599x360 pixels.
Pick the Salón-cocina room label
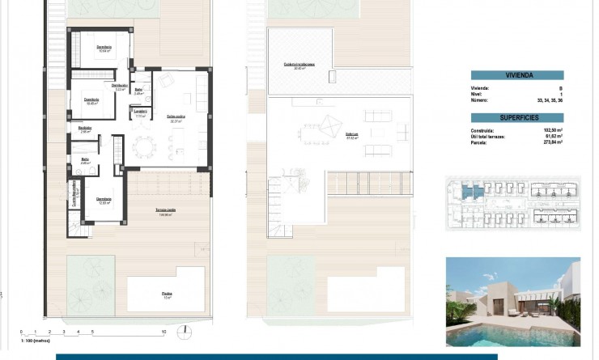[x=176, y=116]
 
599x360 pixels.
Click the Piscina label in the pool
[x=168, y=294]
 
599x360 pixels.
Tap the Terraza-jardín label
[x=167, y=211]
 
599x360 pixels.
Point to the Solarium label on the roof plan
[x=351, y=134]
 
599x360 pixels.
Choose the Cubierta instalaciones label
[x=299, y=64]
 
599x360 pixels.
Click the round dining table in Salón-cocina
[x=144, y=146]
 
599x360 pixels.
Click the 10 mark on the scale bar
[x=164, y=332]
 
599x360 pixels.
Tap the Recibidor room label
[x=84, y=127]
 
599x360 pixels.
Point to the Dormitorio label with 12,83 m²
[x=103, y=199]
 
